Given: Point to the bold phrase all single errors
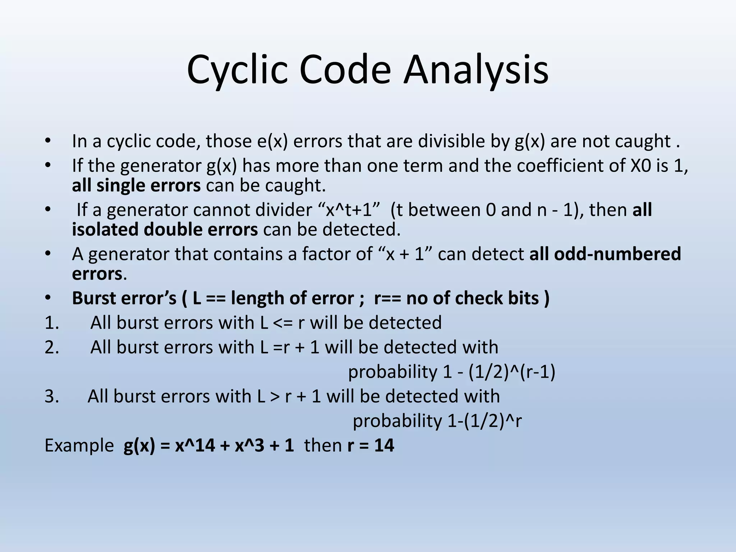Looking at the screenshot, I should tap(136, 185).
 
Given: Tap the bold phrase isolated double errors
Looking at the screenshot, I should tap(165, 230).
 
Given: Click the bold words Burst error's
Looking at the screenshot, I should tap(124, 298).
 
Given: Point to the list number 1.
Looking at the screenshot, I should tap(51, 323).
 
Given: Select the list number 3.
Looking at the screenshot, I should tap(51, 396).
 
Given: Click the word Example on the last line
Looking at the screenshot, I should tap(79, 446).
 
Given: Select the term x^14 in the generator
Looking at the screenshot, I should tap(195, 446).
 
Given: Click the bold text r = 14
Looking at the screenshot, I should tap(371, 446).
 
